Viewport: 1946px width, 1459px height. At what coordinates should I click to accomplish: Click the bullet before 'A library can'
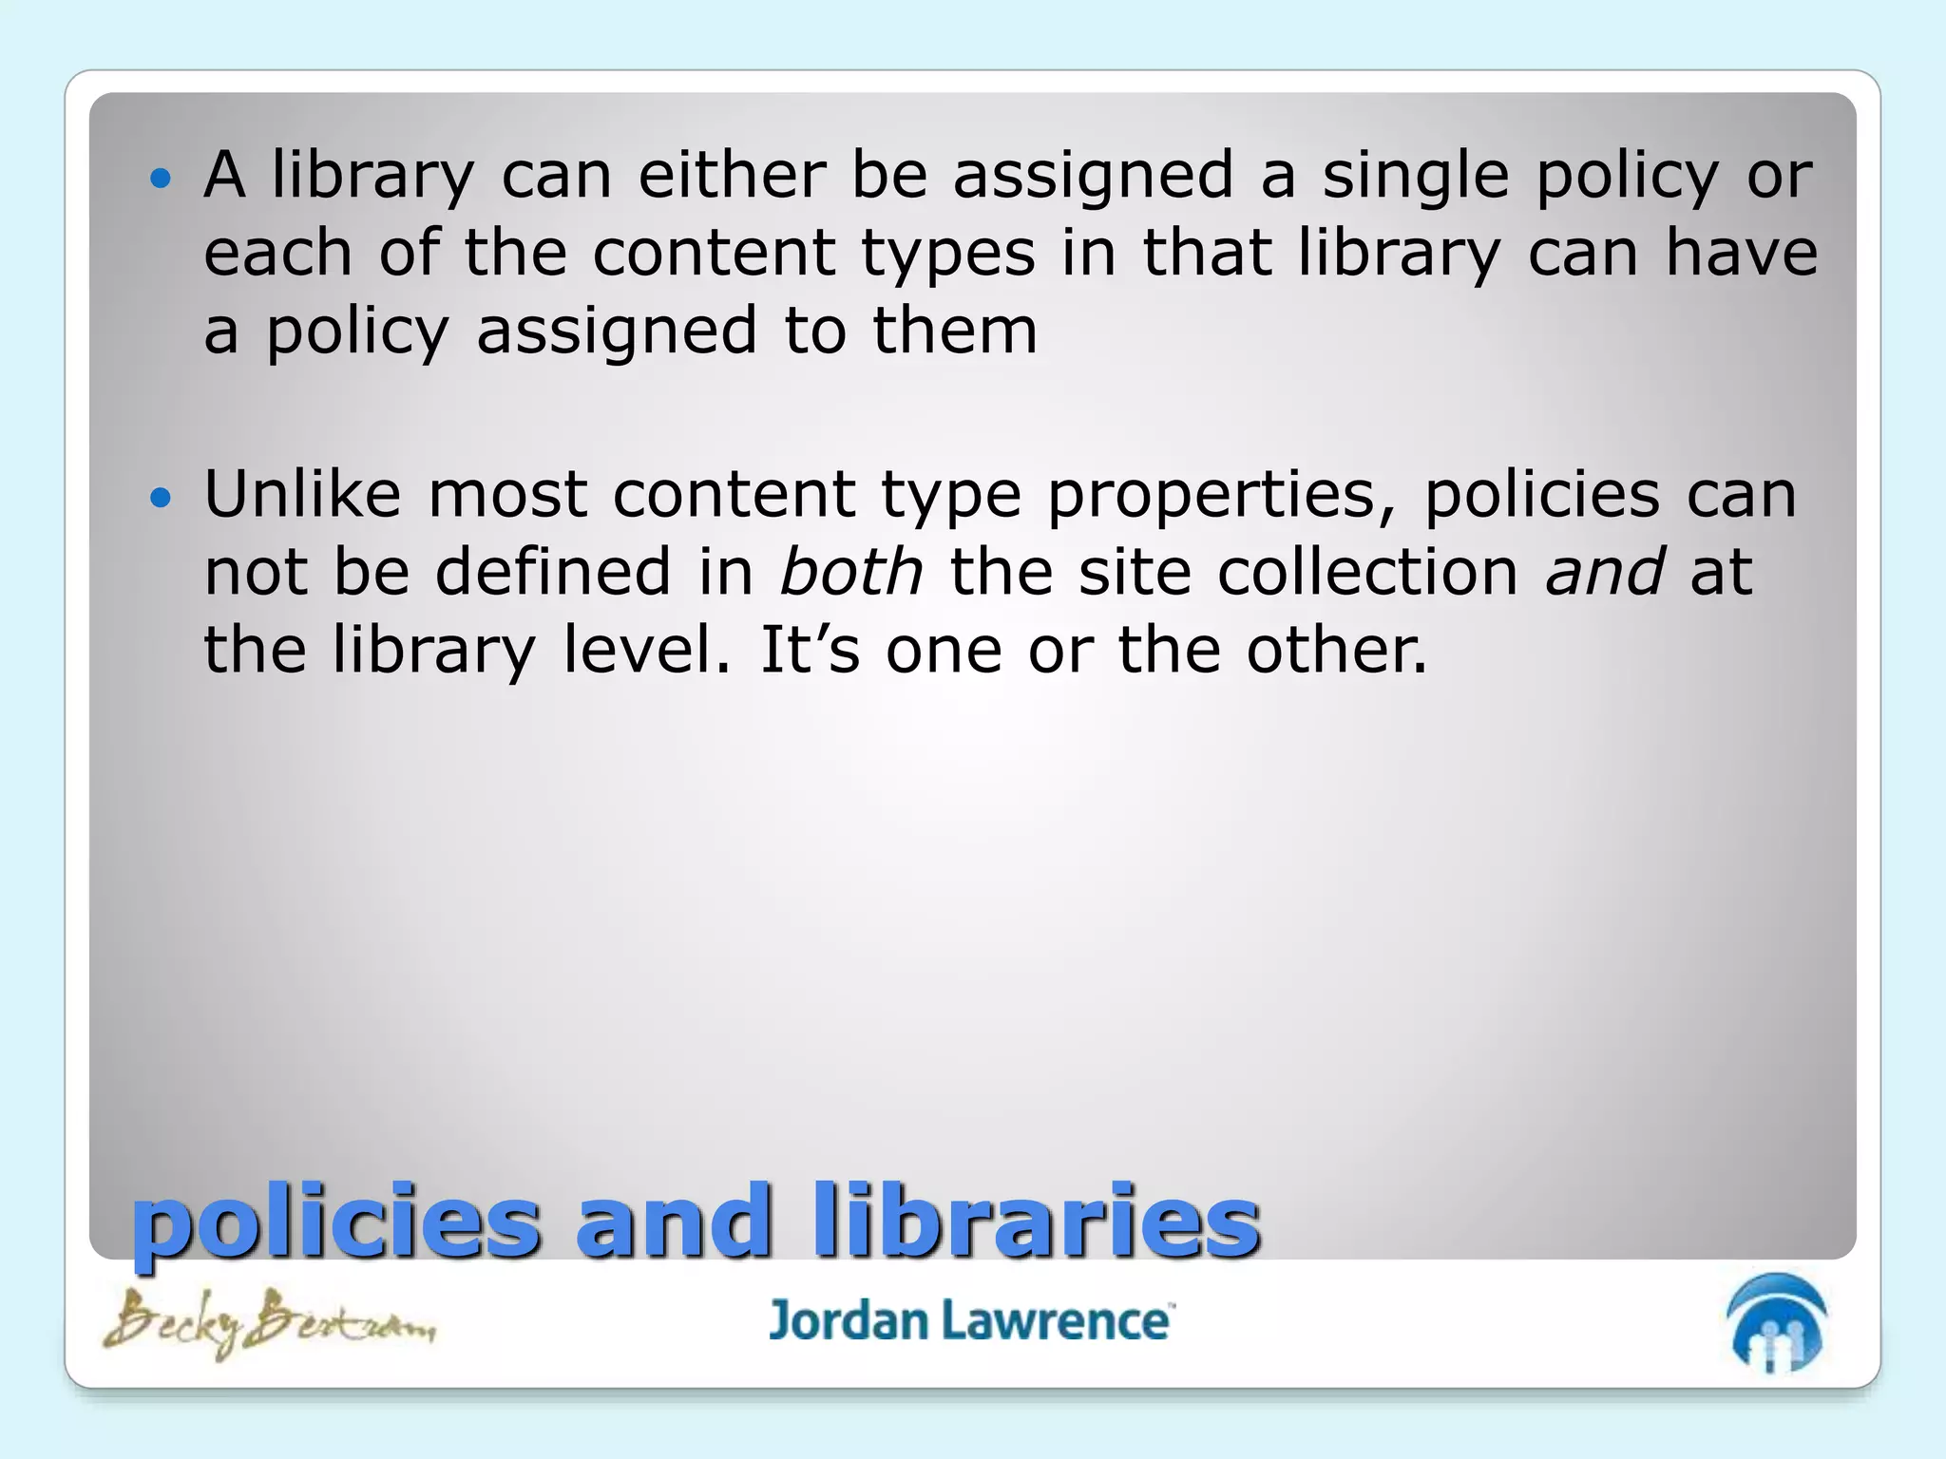pos(162,178)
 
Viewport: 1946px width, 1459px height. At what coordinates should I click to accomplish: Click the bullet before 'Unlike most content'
pos(162,497)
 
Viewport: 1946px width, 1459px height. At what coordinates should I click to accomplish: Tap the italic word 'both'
pos(850,572)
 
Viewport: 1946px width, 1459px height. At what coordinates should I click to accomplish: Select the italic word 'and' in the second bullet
pos(1604,572)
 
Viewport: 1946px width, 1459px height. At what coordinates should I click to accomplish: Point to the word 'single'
pos(1416,177)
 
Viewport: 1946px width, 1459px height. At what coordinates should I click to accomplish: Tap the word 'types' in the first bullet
pos(947,255)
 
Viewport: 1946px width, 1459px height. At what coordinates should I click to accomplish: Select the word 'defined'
pos(553,572)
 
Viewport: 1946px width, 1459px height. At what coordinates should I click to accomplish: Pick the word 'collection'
pos(1368,572)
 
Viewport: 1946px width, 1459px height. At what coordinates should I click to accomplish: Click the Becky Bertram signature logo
pos(269,1322)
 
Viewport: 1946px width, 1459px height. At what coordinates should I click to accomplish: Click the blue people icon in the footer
pos(1776,1323)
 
